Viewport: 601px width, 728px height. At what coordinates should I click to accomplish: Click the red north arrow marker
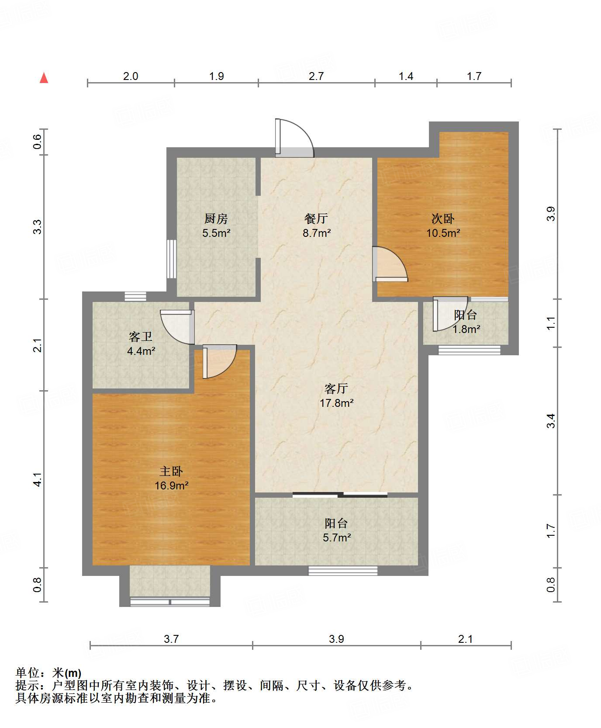(44, 78)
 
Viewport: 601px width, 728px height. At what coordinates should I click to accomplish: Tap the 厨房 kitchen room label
(216, 218)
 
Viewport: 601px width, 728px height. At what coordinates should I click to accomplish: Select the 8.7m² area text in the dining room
(317, 233)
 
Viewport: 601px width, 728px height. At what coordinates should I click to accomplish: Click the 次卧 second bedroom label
(443, 218)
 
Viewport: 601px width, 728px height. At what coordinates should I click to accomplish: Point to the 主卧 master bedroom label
(171, 471)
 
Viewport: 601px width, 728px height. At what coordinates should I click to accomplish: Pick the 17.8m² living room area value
(336, 403)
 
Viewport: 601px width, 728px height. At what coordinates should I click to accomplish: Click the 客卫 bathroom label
(141, 336)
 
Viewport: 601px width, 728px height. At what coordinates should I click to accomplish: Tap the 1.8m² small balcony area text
(466, 329)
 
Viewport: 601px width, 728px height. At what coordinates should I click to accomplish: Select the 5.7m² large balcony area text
(337, 537)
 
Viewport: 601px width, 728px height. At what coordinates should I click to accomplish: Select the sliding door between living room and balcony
(340, 495)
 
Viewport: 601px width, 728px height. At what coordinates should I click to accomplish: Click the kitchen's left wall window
(172, 259)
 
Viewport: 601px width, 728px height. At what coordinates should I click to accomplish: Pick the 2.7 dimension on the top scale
(316, 76)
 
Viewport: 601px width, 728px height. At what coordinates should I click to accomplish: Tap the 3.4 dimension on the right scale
(551, 420)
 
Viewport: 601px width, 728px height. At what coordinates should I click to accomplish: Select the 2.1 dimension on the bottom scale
(465, 639)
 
